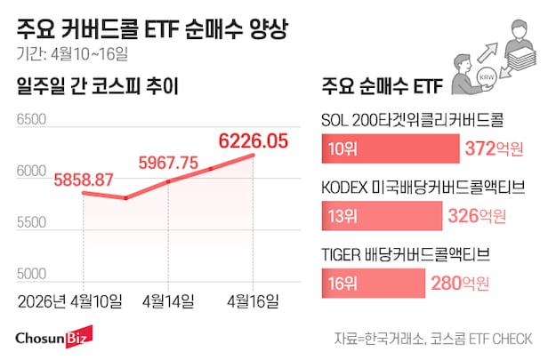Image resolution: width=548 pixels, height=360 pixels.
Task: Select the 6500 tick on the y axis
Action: (32, 118)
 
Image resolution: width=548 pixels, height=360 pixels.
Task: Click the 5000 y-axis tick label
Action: (32, 274)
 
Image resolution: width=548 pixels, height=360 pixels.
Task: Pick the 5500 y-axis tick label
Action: (32, 222)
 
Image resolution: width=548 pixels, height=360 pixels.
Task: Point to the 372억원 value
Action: (495, 148)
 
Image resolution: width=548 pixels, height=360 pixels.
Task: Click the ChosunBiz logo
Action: (52, 339)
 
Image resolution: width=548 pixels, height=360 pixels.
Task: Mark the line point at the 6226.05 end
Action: (254, 155)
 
